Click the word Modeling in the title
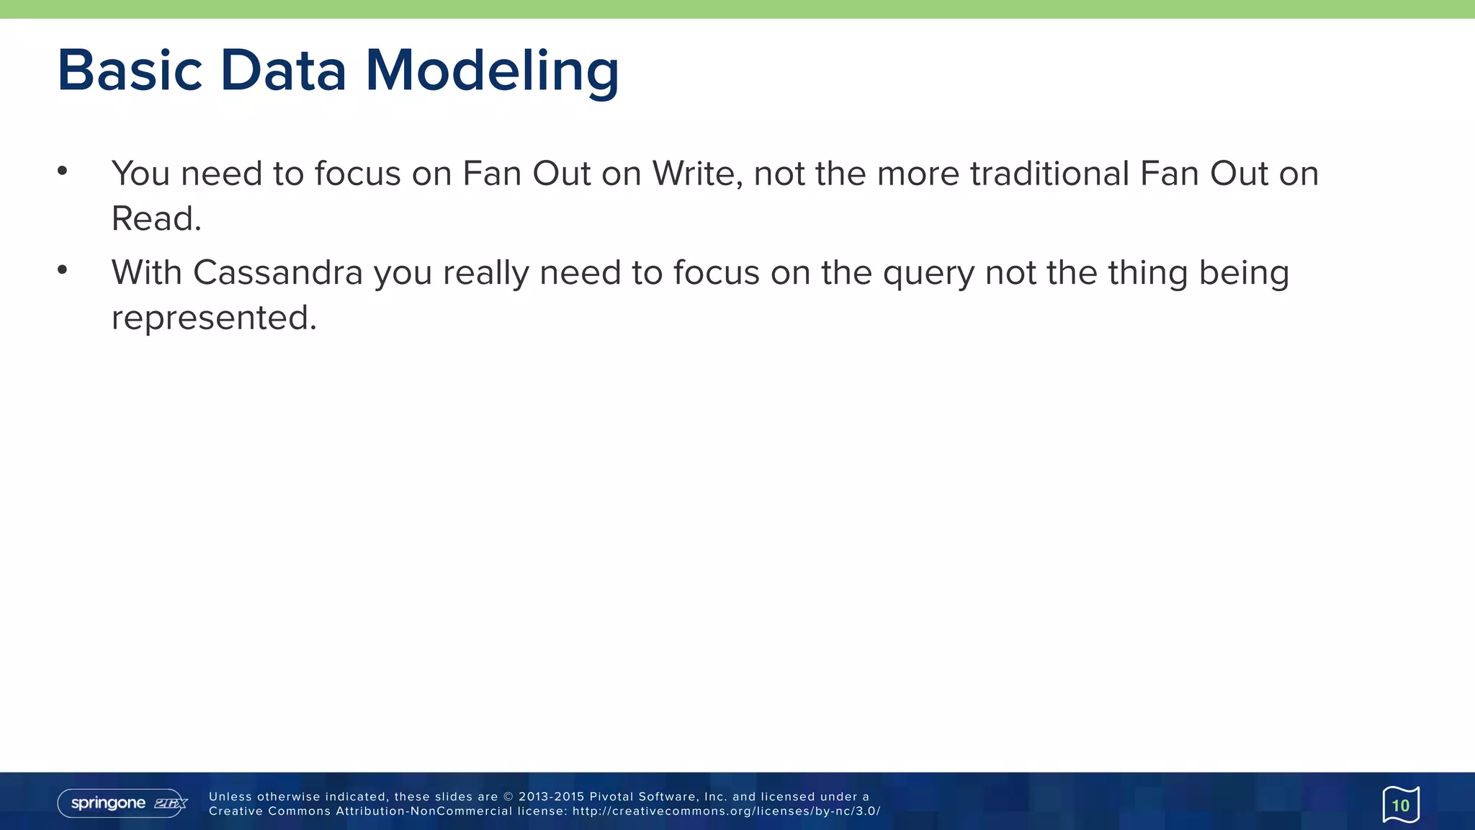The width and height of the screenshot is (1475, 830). pyautogui.click(x=492, y=71)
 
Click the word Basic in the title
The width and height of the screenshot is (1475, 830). pyautogui.click(x=130, y=71)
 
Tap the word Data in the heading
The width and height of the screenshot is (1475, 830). pyautogui.click(x=283, y=71)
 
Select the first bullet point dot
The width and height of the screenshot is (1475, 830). pyautogui.click(x=63, y=171)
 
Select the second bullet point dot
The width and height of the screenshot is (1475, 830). pyautogui.click(x=63, y=270)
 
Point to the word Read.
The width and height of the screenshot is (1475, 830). pyautogui.click(x=156, y=218)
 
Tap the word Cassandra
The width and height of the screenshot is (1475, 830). pyautogui.click(x=277, y=273)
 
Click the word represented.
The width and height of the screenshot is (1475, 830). pyautogui.click(x=214, y=318)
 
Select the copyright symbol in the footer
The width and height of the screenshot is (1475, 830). pyautogui.click(x=508, y=797)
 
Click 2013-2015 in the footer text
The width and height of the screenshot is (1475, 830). pyautogui.click(x=551, y=797)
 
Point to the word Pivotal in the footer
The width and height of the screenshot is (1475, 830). pyautogui.click(x=611, y=797)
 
